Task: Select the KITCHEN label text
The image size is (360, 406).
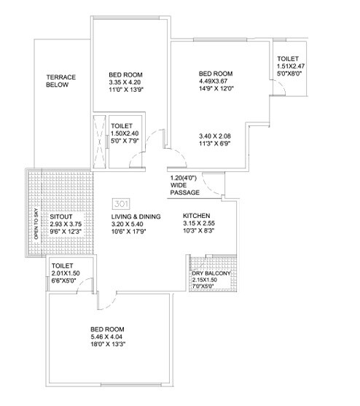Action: [197, 216]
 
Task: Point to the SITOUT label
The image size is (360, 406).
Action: [60, 216]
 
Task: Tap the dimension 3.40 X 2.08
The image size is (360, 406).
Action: [216, 136]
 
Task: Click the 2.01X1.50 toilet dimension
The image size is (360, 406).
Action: [66, 274]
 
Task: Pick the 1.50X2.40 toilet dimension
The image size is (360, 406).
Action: [125, 133]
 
